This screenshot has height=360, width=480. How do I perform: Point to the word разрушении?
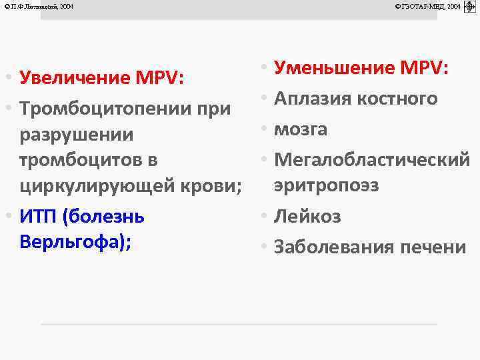[x=77, y=135]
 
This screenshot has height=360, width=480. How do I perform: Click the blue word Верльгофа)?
[x=75, y=241]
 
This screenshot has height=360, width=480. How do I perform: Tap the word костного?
[x=397, y=99]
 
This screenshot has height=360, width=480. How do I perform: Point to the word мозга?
[x=301, y=129]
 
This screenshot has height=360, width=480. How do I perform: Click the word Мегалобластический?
[x=372, y=159]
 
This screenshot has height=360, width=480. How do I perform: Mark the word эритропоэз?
[x=326, y=185]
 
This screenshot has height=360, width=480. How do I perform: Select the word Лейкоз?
[x=307, y=217]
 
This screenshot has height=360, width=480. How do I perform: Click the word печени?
[x=433, y=247]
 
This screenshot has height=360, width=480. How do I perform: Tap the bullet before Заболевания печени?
[x=265, y=247]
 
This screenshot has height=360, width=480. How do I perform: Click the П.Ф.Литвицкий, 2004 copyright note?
[x=39, y=7]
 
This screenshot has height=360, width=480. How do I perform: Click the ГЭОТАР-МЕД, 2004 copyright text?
[x=428, y=7]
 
